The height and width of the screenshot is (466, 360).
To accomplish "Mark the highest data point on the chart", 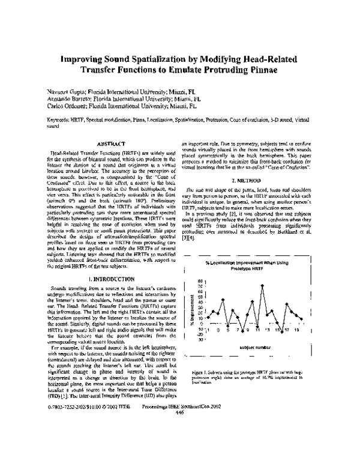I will point(263,285).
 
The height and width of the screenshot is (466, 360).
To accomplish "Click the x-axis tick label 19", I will point(297,330).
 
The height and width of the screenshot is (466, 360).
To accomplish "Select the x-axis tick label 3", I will point(218,330).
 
